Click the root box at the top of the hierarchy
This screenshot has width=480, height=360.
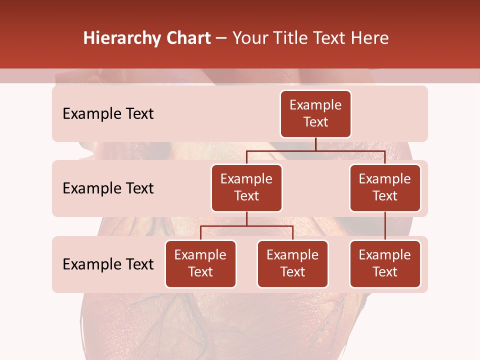[315, 113]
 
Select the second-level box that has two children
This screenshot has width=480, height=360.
[246, 187]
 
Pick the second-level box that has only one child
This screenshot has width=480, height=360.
[385, 187]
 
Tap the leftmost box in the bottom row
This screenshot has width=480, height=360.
[200, 263]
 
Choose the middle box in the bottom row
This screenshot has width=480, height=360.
[292, 263]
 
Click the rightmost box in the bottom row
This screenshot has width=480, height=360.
[385, 263]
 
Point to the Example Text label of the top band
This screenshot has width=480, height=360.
[108, 114]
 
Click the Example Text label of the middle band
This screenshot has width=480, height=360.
[108, 188]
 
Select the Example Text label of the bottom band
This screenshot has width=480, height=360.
[108, 264]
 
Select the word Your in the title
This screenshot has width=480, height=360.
[250, 38]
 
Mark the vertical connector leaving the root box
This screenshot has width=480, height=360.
[315, 144]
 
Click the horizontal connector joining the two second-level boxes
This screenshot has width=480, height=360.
[315, 150]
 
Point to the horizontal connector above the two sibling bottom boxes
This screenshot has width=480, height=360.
[246, 226]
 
